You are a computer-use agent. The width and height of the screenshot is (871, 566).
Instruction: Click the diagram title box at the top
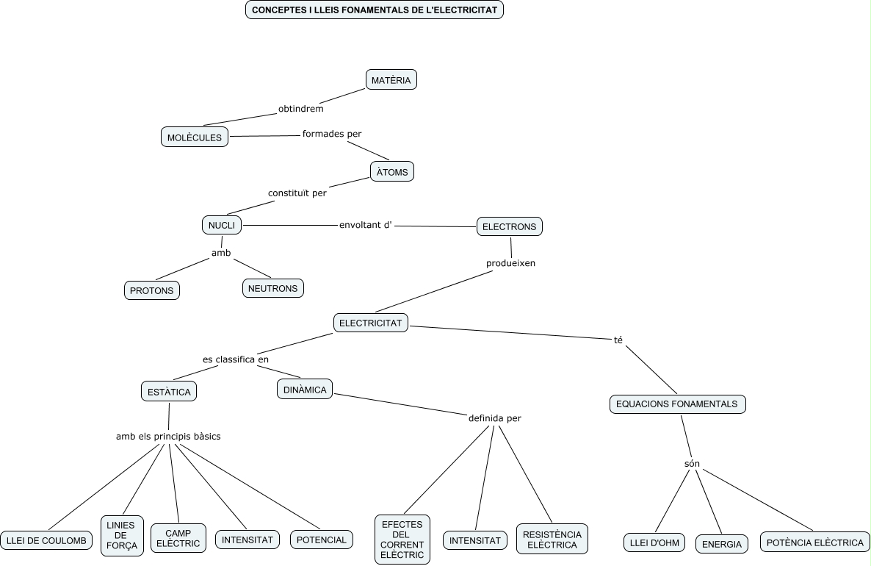click(374, 10)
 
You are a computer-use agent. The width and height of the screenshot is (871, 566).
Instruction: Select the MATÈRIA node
click(391, 80)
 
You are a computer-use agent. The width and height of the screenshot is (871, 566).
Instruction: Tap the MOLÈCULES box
click(195, 137)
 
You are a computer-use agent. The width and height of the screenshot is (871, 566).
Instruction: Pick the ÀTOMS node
click(392, 172)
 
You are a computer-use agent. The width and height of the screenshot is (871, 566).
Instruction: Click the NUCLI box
click(222, 225)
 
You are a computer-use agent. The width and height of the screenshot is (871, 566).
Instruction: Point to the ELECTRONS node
click(509, 226)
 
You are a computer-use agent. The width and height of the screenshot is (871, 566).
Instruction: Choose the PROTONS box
click(152, 290)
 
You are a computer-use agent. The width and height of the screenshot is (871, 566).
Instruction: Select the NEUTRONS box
click(273, 288)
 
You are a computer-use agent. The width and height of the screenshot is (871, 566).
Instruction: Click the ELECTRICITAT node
click(371, 323)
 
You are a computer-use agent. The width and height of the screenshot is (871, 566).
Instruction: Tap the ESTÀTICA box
click(169, 392)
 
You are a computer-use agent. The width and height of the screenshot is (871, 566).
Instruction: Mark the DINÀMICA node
click(305, 390)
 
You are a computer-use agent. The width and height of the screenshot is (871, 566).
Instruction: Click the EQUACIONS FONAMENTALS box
click(677, 404)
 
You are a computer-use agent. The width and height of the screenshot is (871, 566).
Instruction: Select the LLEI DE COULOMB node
click(46, 540)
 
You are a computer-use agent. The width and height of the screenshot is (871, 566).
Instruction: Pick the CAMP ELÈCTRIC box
click(178, 538)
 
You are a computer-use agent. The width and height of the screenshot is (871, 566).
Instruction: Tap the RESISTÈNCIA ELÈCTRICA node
click(552, 540)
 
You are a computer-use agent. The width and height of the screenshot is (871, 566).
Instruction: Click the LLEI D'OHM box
click(654, 543)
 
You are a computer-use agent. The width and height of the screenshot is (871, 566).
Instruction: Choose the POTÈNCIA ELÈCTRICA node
click(814, 542)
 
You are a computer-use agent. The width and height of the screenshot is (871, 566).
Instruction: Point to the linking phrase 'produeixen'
click(511, 263)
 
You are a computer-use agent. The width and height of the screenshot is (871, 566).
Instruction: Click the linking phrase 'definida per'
click(494, 418)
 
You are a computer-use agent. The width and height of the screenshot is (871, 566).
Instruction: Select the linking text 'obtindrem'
click(301, 109)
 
